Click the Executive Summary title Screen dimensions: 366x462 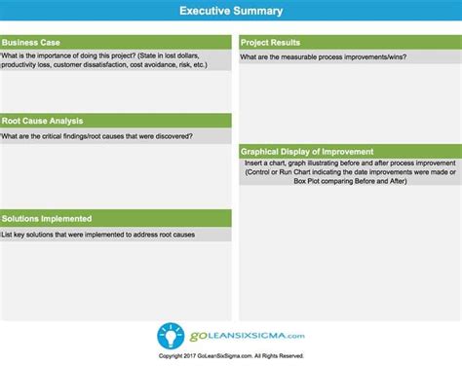(x=231, y=11)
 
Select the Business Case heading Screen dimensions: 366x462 (x=31, y=42)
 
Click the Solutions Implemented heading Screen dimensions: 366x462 (x=47, y=218)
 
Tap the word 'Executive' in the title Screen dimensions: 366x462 (x=208, y=11)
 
